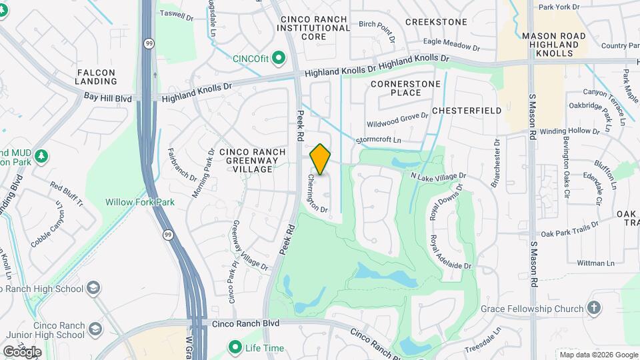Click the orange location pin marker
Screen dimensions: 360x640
[321, 159]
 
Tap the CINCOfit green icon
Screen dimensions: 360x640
[279, 59]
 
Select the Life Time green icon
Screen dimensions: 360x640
[235, 348]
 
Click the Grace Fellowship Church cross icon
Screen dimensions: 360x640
[594, 309]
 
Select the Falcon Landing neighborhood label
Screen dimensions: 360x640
[97, 77]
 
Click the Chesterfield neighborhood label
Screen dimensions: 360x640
[467, 110]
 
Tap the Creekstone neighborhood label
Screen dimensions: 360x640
[436, 22]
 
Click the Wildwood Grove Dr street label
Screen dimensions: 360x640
[397, 121]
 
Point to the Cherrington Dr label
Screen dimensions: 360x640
[318, 194]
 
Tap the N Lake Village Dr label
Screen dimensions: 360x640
[438, 176]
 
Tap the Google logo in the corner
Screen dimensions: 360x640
[22, 351]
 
